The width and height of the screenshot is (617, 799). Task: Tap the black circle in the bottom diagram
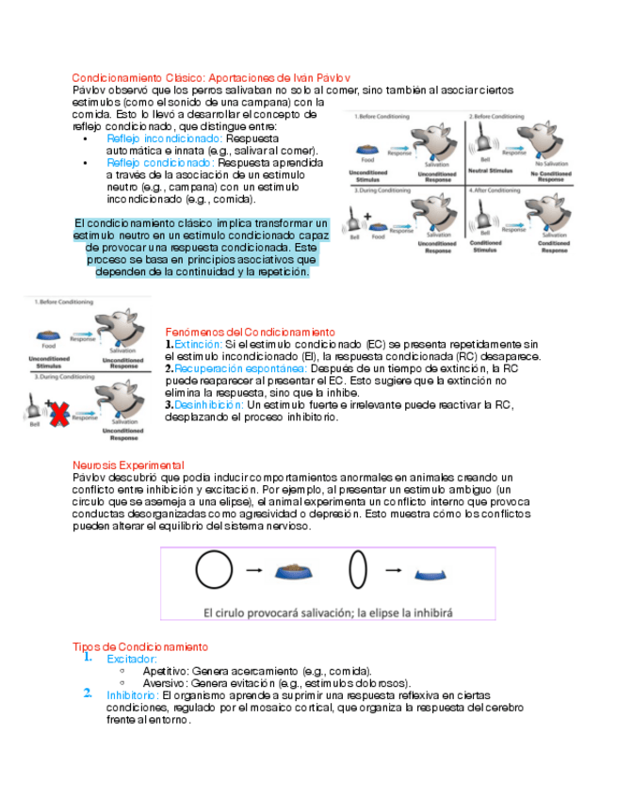pos(215,570)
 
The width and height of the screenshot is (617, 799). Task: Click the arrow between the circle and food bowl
pos(253,571)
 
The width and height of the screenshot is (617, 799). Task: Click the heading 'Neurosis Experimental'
pos(128,465)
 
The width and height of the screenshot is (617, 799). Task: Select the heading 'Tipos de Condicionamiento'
pos(140,647)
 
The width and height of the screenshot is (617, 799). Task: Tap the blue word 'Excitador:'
pos(132,660)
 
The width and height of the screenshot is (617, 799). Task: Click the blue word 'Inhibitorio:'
pos(133,695)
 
